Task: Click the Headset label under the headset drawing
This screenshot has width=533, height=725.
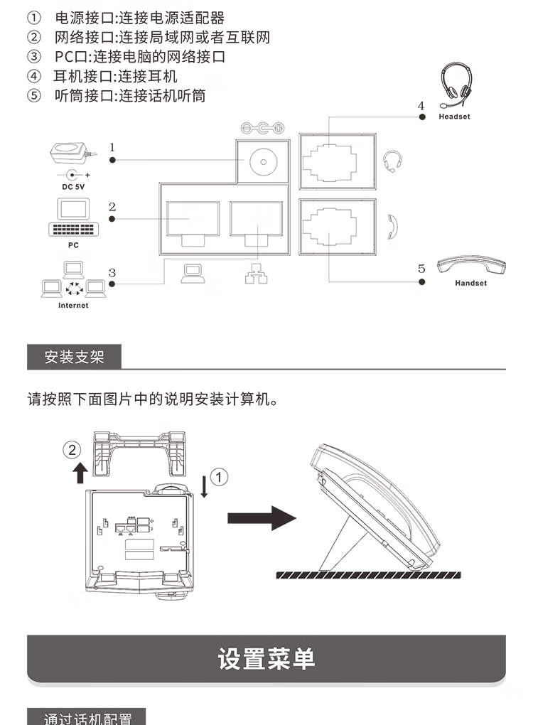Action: coord(454,117)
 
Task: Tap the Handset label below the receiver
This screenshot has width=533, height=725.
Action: coord(470,283)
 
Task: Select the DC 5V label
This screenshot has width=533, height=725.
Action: coord(72,187)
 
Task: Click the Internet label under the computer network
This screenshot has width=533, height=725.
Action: coord(73,306)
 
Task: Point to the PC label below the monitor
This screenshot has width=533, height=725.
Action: coord(73,245)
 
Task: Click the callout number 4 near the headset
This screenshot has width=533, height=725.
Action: coord(421,106)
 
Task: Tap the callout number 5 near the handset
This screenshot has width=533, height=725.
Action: coord(421,268)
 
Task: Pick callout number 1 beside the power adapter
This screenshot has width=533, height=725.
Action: coord(112,147)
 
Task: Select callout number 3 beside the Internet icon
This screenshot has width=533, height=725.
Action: coord(112,272)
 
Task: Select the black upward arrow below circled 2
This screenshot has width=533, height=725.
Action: coord(80,472)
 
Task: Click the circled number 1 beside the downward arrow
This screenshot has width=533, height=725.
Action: coord(220,477)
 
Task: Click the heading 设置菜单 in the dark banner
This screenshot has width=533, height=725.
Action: coord(266,659)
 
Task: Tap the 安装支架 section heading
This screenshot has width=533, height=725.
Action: coord(74,357)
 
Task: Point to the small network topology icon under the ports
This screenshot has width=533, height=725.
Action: coord(254,274)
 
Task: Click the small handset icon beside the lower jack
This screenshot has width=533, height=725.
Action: coord(393,224)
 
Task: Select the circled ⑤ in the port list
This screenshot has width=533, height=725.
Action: coord(33,95)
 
